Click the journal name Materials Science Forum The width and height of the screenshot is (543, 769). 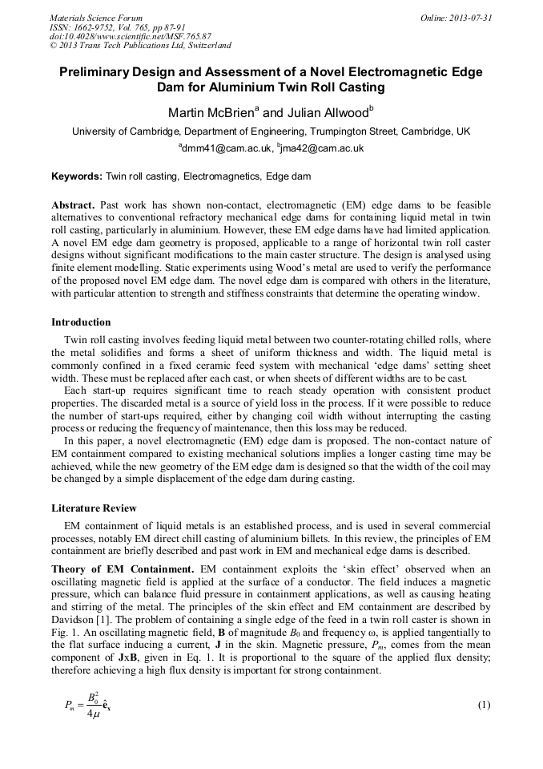[x=96, y=17]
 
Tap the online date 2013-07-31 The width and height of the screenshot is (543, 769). [x=471, y=17]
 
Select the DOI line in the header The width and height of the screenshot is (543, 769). [x=131, y=36]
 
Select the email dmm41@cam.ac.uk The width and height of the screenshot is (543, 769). [x=227, y=148]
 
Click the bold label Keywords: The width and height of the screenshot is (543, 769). [x=78, y=176]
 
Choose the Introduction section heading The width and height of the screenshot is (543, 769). [x=81, y=322]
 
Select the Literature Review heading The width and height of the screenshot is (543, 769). [x=94, y=508]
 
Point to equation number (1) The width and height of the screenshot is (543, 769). [x=483, y=705]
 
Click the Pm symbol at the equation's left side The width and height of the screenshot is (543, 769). [x=70, y=706]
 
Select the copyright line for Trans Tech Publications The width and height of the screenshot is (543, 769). [x=140, y=46]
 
